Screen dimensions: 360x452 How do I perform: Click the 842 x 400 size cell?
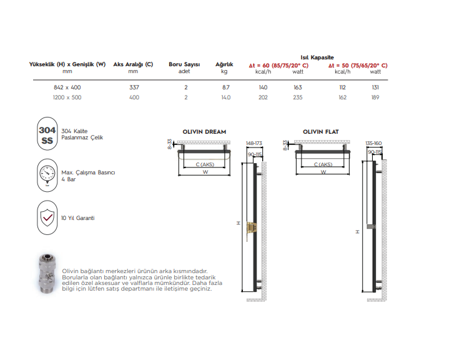pos(67,87)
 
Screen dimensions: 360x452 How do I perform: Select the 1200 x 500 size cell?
pos(67,97)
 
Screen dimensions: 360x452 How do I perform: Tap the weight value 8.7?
pos(225,87)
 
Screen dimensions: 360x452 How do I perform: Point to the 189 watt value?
pos(375,97)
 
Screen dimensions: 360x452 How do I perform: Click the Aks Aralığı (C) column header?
pos(133,64)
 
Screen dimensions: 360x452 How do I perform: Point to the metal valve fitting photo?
pos(47,275)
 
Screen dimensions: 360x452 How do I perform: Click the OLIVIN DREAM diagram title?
pos(204,132)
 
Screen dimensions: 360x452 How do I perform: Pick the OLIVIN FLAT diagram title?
pos(320,132)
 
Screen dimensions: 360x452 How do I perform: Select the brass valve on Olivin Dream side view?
pos(252,229)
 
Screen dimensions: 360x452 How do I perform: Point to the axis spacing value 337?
pos(134,87)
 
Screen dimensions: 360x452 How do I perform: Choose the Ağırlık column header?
pos(224,64)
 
